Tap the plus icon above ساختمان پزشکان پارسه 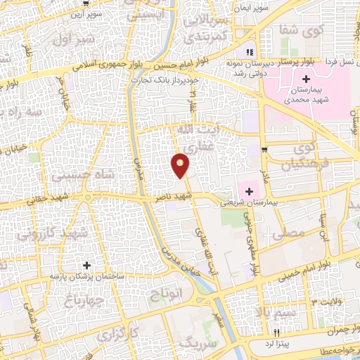[x=86, y=266]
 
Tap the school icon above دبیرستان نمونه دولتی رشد [x=248, y=53]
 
